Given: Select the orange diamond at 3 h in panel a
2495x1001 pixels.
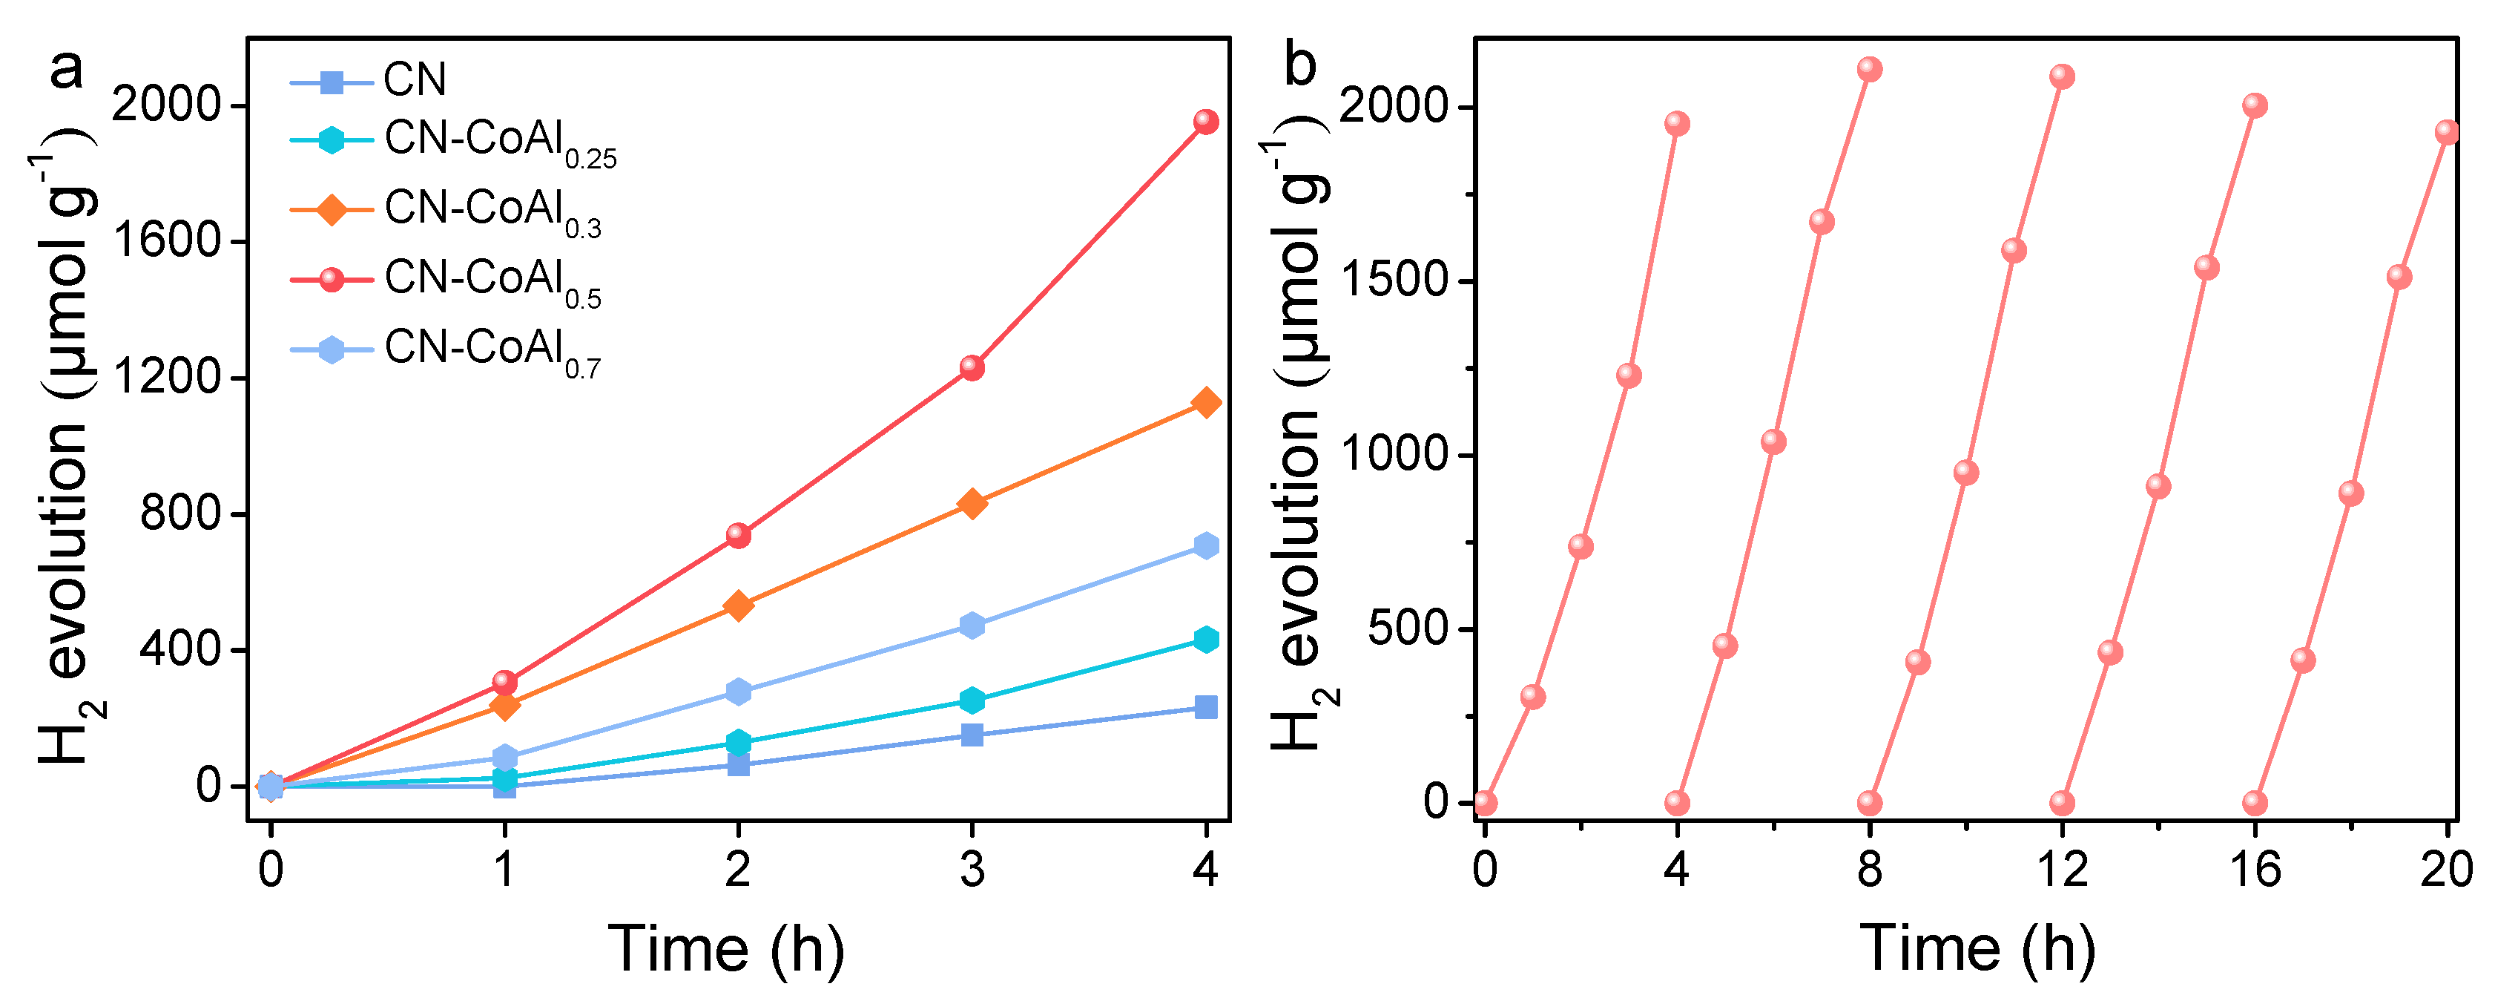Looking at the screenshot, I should click(972, 504).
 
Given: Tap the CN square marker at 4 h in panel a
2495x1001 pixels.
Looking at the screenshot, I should click(1206, 707).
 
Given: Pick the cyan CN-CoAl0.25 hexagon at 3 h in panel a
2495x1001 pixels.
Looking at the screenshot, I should click(972, 700).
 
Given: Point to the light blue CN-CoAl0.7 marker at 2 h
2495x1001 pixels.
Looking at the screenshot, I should click(739, 692).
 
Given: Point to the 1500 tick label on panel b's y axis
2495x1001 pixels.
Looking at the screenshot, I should click(1394, 281).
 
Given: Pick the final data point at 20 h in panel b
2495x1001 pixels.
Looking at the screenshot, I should click(2447, 133).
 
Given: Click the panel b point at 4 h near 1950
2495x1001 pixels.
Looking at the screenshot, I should click(1678, 124).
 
